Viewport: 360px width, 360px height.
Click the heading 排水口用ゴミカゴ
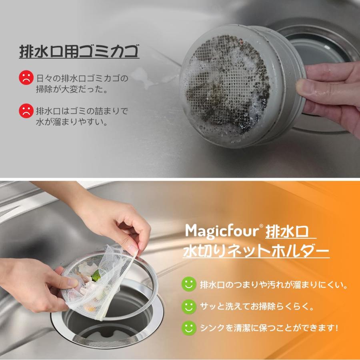click(x=79, y=52)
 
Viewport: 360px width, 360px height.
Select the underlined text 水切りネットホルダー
click(x=256, y=251)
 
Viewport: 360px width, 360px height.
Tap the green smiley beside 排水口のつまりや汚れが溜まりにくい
click(x=189, y=284)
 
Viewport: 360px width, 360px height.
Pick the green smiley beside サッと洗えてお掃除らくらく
click(x=189, y=306)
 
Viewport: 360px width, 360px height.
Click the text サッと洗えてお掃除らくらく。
click(x=256, y=307)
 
